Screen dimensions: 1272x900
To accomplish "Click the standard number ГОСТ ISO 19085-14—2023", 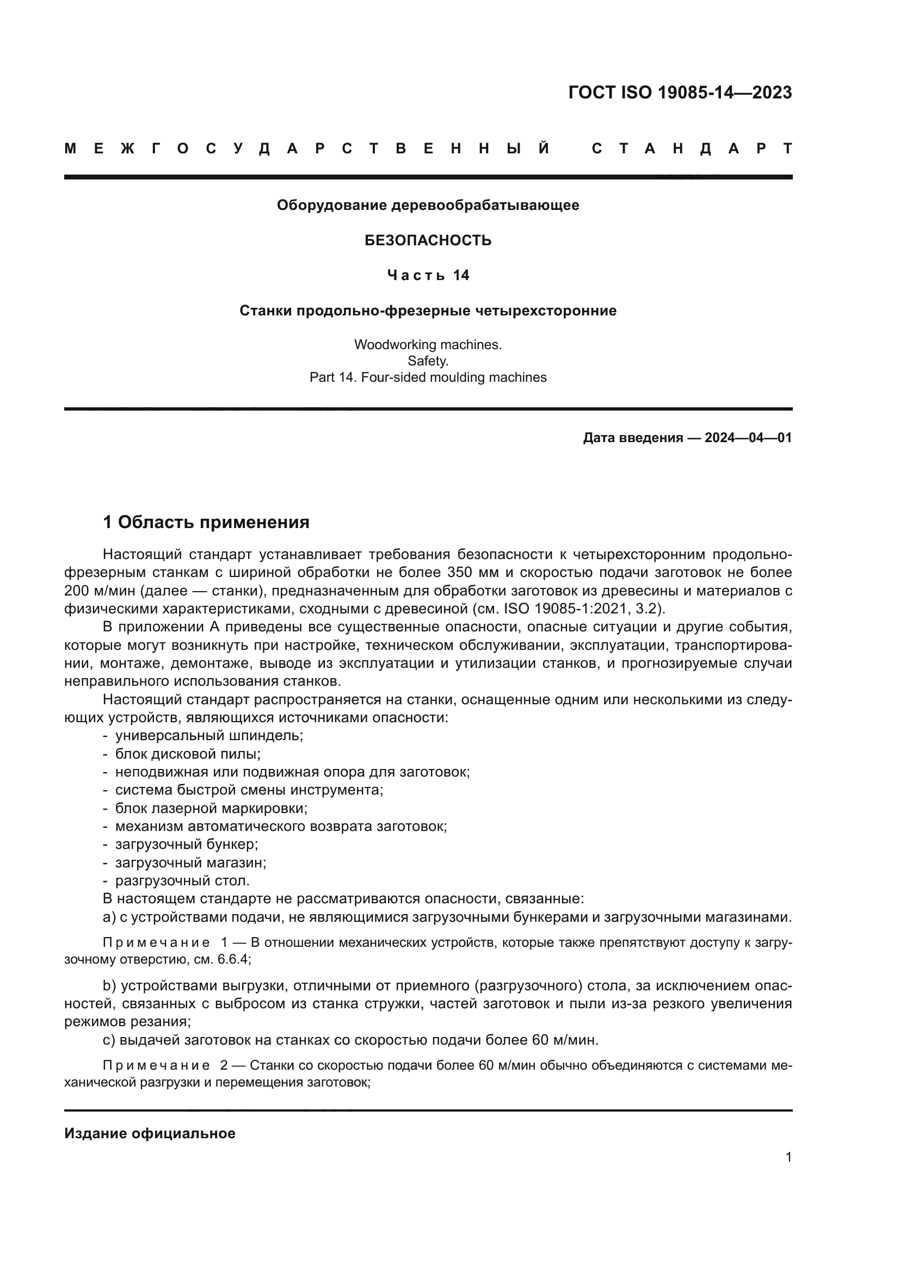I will [x=680, y=92].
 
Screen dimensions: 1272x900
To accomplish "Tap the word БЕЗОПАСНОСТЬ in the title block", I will [x=428, y=240].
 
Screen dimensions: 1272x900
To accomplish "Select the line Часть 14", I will [x=428, y=275].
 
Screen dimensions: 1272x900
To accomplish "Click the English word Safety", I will [x=428, y=361].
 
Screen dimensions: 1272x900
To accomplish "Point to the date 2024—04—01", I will [x=748, y=438].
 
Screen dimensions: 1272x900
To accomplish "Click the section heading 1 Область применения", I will [x=206, y=522].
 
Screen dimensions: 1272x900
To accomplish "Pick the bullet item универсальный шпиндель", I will [x=209, y=736].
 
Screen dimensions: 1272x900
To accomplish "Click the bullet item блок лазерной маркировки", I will [x=211, y=808].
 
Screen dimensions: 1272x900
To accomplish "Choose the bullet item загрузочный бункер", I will [x=187, y=845].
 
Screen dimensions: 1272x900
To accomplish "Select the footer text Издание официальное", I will [x=150, y=1133].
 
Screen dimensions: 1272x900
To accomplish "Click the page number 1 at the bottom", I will [x=788, y=1157].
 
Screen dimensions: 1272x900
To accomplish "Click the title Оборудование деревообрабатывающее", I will [x=428, y=206].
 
